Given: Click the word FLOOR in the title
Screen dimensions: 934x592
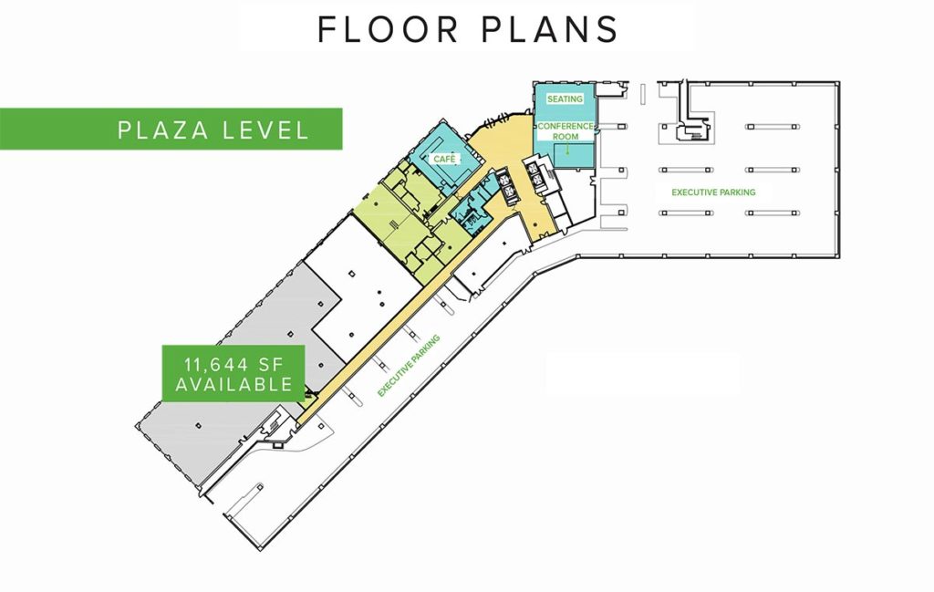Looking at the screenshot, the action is (x=388, y=29).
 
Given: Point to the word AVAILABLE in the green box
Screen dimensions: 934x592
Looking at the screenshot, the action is (x=234, y=384).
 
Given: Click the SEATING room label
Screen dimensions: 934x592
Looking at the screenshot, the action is (x=565, y=99).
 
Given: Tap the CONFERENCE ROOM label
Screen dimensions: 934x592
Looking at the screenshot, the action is (x=566, y=131).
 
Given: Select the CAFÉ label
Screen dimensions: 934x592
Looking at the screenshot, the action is (x=444, y=159).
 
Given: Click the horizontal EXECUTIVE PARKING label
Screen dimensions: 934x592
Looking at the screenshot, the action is (x=713, y=192).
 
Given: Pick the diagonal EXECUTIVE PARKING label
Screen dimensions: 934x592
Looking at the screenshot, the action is (x=409, y=365).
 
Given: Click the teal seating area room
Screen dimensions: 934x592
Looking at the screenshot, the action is (x=565, y=113).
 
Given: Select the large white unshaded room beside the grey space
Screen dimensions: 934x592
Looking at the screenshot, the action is (x=358, y=286).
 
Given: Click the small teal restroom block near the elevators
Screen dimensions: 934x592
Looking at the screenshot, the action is (x=473, y=209).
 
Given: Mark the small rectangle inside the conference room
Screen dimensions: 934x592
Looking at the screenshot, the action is (x=574, y=156).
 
